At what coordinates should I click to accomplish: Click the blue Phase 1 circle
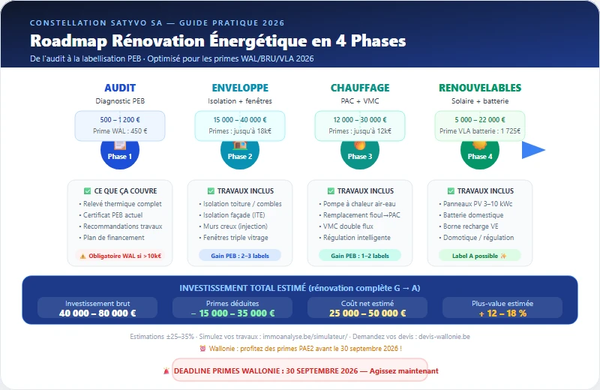(120, 154)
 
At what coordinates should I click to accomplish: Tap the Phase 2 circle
(240, 154)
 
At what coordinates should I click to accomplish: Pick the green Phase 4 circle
(480, 154)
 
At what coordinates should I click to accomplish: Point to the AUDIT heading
(120, 88)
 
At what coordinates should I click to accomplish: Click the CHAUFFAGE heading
(360, 88)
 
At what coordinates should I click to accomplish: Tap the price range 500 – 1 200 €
(120, 119)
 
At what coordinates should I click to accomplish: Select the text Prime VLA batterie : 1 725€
(480, 131)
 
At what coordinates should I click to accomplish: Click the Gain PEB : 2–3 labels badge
(240, 255)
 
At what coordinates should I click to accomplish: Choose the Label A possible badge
(480, 255)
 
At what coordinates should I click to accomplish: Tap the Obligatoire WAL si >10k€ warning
(120, 255)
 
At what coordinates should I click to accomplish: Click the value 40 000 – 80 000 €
(97, 313)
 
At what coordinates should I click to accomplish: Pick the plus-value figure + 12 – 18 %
(502, 313)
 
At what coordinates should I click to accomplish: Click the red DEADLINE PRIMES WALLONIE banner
(300, 370)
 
